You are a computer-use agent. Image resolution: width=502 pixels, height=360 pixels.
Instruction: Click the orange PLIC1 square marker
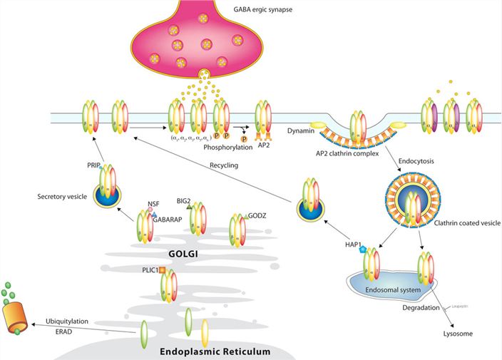point(162,269)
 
